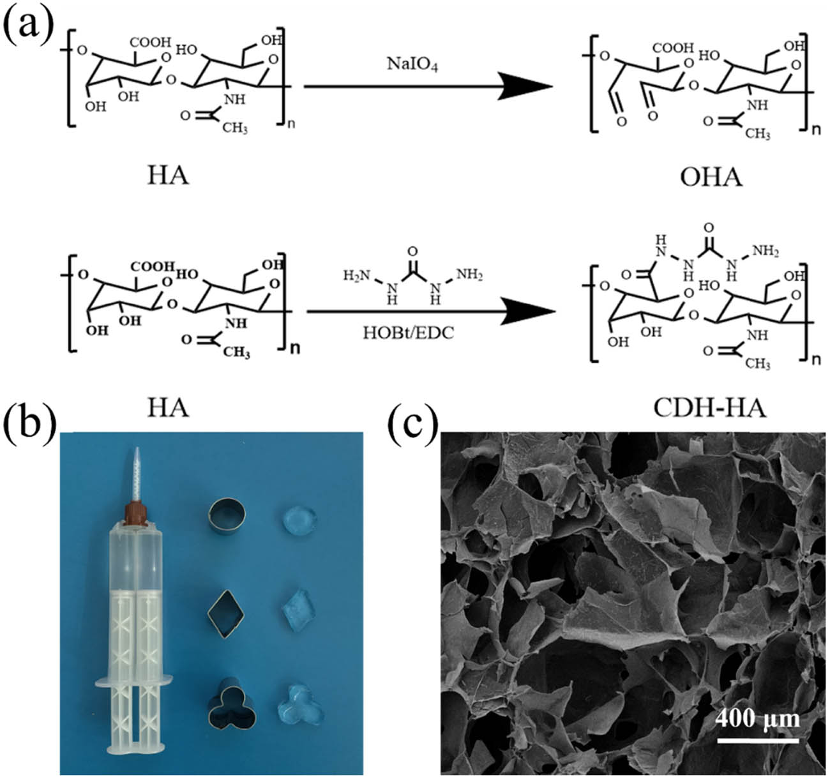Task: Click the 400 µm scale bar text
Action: tap(757, 720)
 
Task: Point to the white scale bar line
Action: tap(758, 741)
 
